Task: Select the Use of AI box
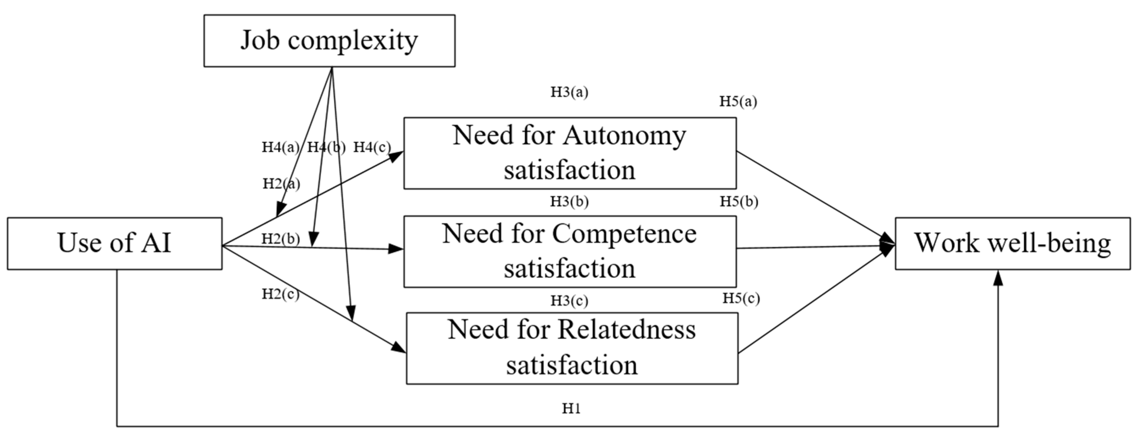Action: (x=115, y=243)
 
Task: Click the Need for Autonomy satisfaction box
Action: (x=569, y=153)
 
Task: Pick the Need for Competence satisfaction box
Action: (x=569, y=251)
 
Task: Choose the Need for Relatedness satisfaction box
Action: (x=572, y=348)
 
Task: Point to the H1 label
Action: (x=571, y=408)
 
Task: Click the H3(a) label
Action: (x=569, y=92)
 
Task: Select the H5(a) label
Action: (x=738, y=101)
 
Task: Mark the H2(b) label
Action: (x=280, y=239)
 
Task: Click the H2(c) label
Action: (x=280, y=293)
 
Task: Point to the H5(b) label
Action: (x=739, y=201)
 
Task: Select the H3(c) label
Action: (x=569, y=301)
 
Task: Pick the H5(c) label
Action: (x=741, y=298)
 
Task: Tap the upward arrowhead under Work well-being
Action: (x=998, y=278)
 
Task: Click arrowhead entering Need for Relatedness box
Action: (x=399, y=348)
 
